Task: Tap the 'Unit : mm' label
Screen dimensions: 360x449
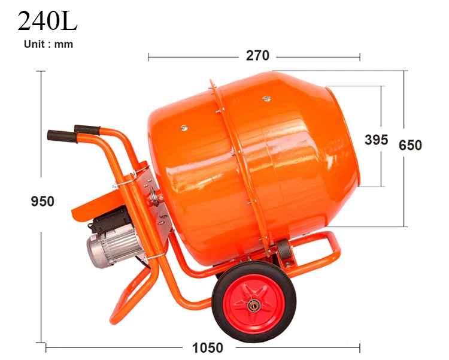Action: click(x=48, y=44)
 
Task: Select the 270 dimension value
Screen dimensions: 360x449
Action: click(x=257, y=56)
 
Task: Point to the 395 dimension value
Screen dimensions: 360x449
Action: click(x=376, y=140)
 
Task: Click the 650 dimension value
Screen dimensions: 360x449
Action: click(x=411, y=145)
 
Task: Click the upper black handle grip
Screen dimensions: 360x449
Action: click(x=87, y=129)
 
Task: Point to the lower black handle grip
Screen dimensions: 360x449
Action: click(x=62, y=136)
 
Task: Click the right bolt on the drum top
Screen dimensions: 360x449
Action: click(x=266, y=97)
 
